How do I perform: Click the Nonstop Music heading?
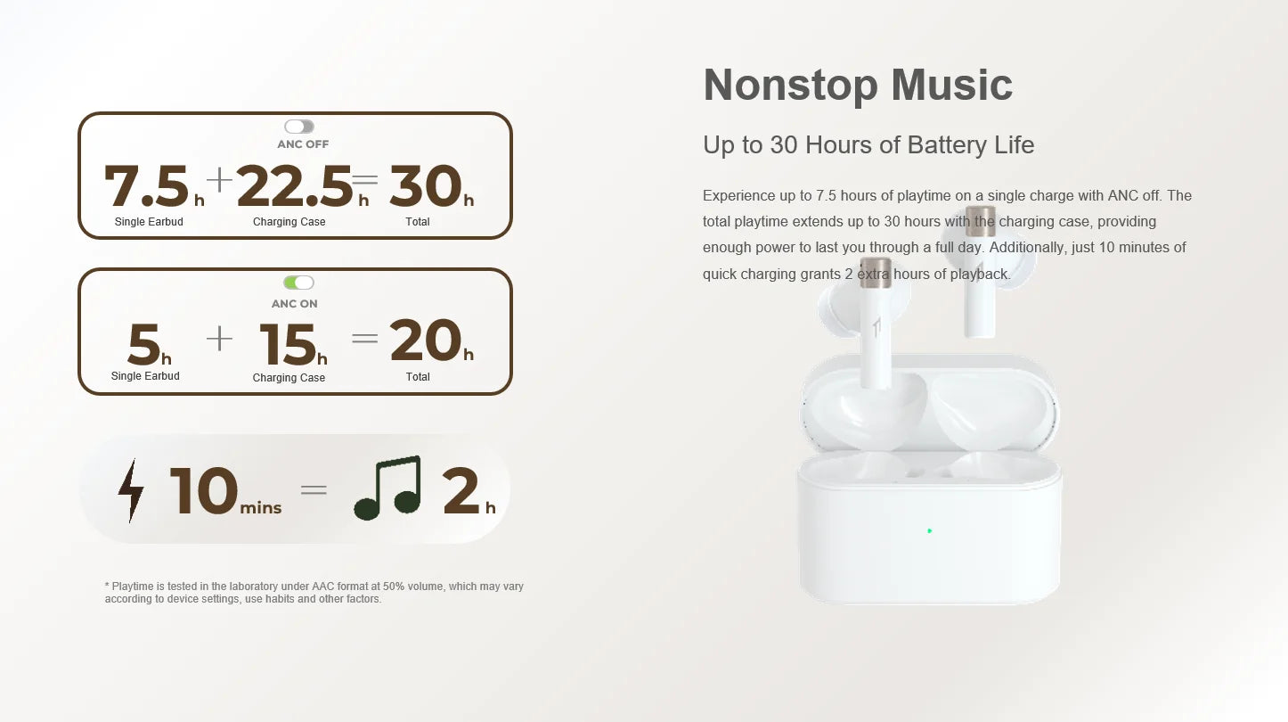pos(857,86)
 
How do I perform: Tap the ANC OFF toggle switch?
pos(299,127)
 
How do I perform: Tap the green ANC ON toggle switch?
pos(298,283)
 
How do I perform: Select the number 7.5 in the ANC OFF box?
pos(147,186)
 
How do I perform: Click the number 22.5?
pos(295,186)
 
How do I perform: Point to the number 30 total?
pos(425,186)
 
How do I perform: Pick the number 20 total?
pos(425,340)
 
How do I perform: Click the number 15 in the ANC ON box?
pos(288,344)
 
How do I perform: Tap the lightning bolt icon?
pos(131,490)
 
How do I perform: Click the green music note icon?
pos(388,488)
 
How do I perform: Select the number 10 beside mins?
pos(204,490)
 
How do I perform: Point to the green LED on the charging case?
pos(929,531)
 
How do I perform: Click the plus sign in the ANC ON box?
pos(219,339)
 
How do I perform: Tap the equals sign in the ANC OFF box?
pos(365,179)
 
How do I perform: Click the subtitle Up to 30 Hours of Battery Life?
pos(868,145)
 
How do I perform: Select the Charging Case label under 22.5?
pos(289,222)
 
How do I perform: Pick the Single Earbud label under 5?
pos(145,376)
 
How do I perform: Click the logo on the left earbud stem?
pos(876,326)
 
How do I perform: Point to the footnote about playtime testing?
pos(314,593)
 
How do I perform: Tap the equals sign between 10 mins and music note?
pos(314,489)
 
